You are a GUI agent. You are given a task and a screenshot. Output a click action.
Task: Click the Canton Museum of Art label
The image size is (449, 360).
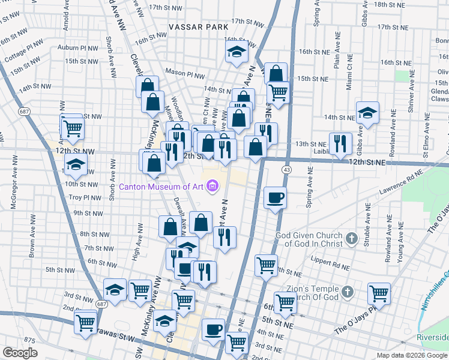pyautogui.click(x=161, y=187)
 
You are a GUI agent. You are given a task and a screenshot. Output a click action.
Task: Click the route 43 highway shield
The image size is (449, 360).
pyautogui.click(x=288, y=171)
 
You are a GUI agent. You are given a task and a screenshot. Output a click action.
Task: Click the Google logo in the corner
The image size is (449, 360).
pyautogui.click(x=20, y=353)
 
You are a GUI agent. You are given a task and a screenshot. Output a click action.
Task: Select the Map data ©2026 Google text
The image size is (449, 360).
pyautogui.click(x=411, y=355)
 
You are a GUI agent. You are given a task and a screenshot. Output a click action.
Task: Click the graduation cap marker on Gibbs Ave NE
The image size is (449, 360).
pyautogui.click(x=367, y=112)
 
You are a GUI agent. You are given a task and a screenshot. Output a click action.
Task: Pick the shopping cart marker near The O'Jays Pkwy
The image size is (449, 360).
pyautogui.click(x=379, y=293)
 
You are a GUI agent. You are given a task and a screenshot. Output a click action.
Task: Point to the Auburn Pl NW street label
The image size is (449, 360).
pyautogui.click(x=77, y=46)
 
